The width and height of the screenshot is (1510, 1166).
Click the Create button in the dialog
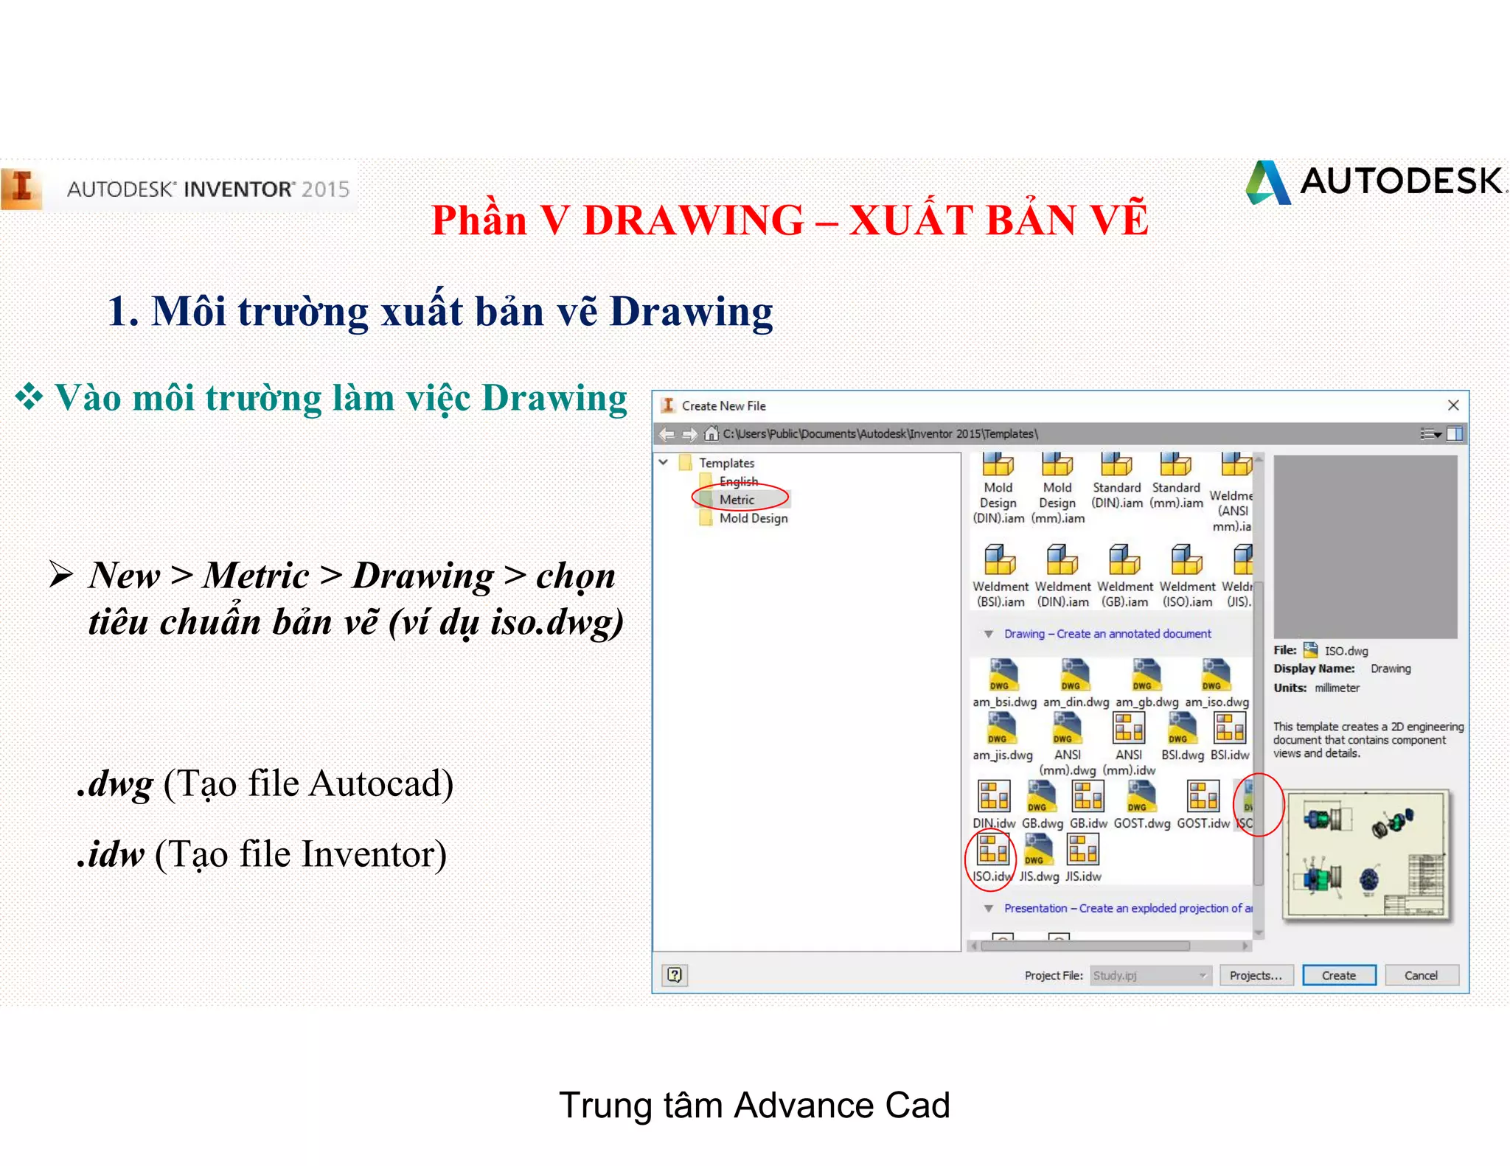pos(1338,975)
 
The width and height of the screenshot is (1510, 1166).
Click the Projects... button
pos(1256,975)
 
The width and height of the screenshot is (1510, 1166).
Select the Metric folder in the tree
pos(737,500)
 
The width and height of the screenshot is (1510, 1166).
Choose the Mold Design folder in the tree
pos(753,518)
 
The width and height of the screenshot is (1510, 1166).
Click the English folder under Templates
pos(738,481)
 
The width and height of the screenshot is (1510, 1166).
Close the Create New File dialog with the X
pos(1453,405)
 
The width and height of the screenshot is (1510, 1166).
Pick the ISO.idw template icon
pos(992,851)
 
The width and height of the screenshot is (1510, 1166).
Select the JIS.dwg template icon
pos(1038,851)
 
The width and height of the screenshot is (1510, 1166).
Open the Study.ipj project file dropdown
pos(1203,975)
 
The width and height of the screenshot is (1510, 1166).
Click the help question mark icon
pos(675,975)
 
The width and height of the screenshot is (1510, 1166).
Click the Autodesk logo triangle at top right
pos(1268,182)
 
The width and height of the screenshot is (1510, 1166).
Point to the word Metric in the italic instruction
pos(256,576)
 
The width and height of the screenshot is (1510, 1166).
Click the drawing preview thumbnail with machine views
pos(1366,855)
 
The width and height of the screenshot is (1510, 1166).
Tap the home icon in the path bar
pos(711,433)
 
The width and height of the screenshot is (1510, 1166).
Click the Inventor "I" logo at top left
pos(22,188)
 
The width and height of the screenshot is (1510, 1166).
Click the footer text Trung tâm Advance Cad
pos(754,1106)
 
